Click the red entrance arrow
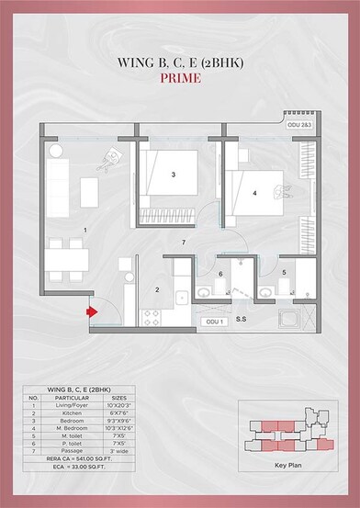[90, 311]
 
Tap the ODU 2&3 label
[299, 123]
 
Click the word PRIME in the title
[180, 79]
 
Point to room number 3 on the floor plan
[174, 174]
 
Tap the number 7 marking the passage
[184, 242]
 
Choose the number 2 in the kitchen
[157, 290]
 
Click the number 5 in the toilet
[285, 273]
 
